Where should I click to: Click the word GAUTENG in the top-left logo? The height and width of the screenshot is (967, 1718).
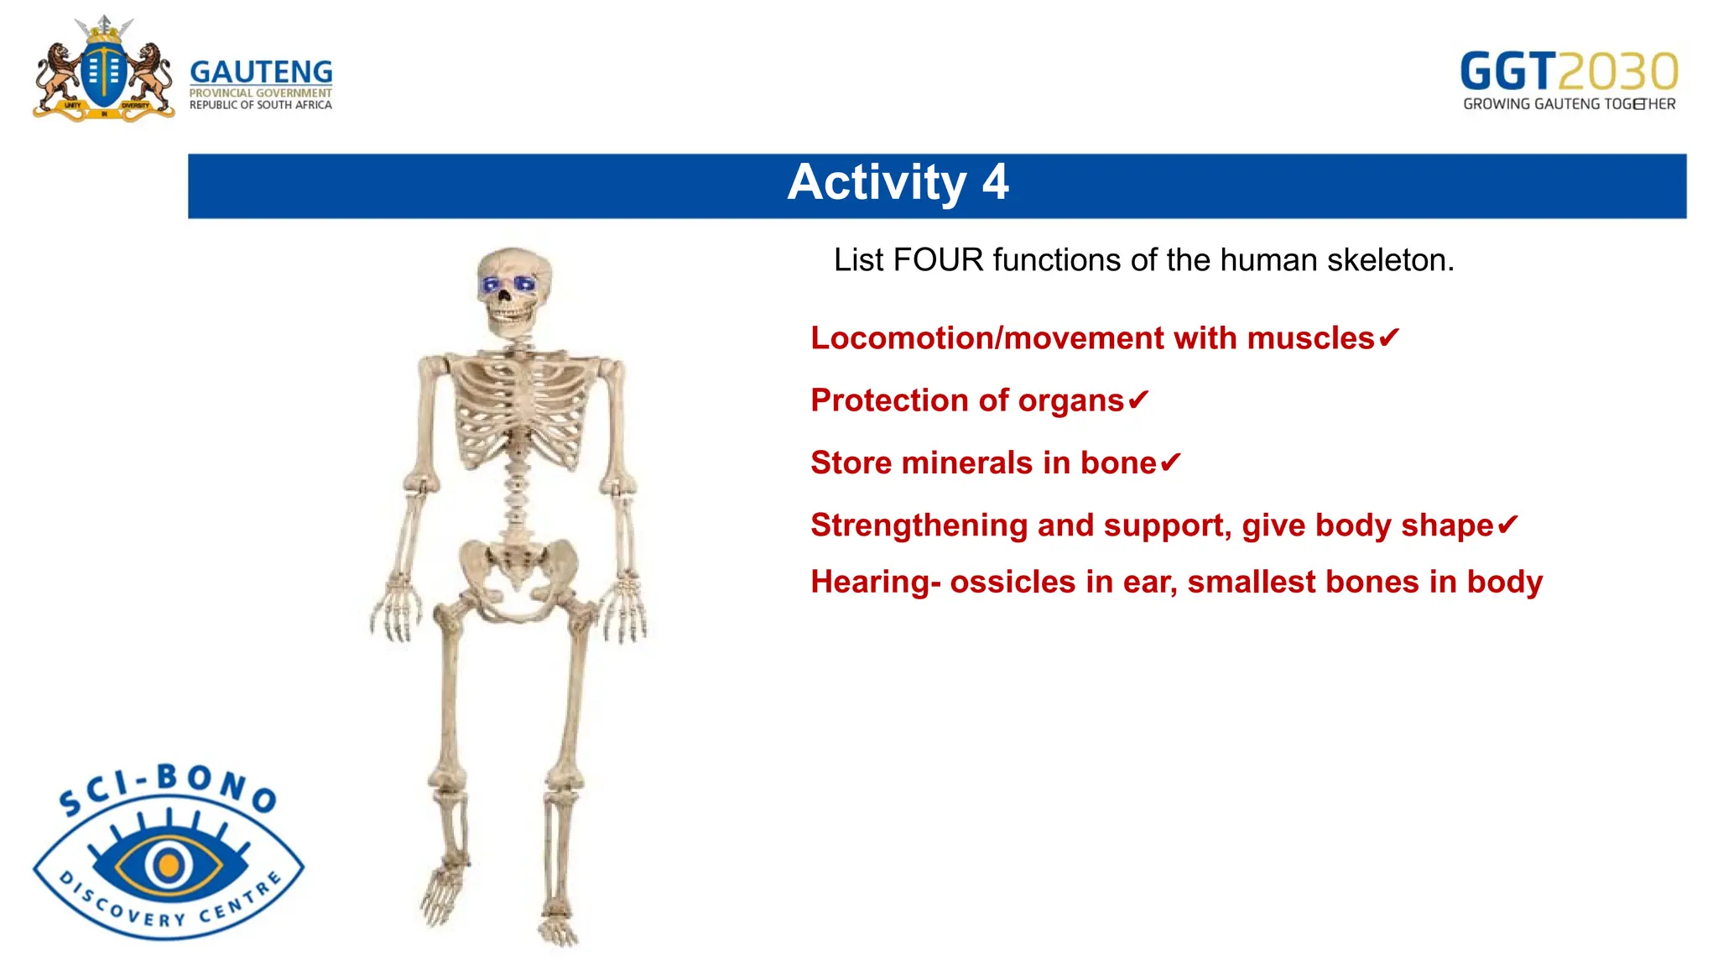point(261,71)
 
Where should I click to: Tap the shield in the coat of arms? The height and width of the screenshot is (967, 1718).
point(104,74)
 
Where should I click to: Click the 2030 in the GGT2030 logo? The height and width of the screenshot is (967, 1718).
point(1619,71)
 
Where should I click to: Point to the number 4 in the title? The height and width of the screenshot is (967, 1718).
point(995,182)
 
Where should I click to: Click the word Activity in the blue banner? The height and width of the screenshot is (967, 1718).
point(877,182)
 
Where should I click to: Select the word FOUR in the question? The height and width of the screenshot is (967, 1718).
point(938,260)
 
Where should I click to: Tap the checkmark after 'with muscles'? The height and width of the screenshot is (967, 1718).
point(1389,337)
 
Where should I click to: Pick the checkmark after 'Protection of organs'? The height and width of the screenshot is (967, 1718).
point(1138,400)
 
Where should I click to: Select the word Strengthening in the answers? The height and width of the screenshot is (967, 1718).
point(919,525)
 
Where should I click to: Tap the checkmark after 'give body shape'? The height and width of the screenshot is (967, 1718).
point(1507,525)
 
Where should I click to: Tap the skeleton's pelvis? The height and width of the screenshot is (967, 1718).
point(518,571)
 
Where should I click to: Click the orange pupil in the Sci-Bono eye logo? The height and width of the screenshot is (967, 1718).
point(169,864)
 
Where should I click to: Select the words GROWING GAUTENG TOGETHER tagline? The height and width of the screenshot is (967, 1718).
point(1569,104)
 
